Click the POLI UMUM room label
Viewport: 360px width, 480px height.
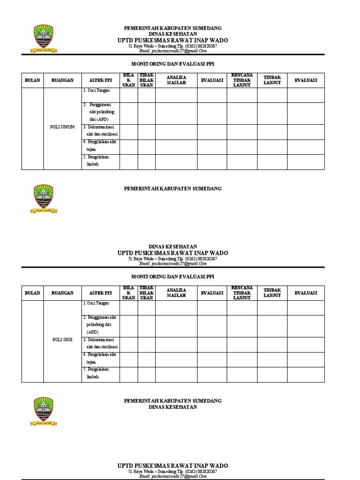pos(62,127)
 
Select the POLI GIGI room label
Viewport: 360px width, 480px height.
pos(62,340)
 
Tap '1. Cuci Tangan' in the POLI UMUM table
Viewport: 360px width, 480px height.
pos(97,90)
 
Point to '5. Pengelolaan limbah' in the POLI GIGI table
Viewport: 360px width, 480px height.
pos(97,373)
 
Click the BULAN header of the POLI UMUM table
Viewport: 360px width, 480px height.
pos(32,80)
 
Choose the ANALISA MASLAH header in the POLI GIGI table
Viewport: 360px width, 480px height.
pos(176,293)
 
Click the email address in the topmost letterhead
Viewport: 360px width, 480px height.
pos(172,51)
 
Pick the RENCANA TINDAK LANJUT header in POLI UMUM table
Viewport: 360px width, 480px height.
pos(242,80)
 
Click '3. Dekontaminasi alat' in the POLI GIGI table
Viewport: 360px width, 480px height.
pos(101,343)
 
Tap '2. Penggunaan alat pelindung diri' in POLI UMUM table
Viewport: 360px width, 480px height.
pos(101,112)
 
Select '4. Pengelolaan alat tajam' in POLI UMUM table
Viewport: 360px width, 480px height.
pos(100,145)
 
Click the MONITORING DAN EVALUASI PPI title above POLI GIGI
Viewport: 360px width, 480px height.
pos(172,277)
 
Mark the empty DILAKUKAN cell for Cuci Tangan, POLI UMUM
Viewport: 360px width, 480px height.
pos(128,95)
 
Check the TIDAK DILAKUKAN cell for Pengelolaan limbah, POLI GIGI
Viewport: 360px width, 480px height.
pos(146,375)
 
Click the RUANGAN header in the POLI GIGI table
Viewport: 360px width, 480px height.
pos(62,293)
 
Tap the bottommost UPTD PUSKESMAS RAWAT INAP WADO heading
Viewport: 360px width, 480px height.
pos(172,465)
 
